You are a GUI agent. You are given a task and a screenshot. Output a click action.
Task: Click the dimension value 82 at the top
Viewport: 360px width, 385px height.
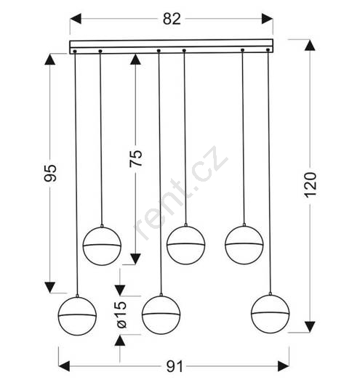[172, 19]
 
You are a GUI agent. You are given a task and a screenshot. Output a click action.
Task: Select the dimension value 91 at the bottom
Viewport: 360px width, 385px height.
[175, 367]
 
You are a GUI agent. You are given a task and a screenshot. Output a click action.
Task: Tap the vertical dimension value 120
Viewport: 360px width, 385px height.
[311, 185]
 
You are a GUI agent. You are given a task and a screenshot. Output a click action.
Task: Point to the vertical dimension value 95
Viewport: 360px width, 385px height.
[50, 173]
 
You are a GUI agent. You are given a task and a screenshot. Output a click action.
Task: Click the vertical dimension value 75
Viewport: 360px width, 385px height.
[136, 158]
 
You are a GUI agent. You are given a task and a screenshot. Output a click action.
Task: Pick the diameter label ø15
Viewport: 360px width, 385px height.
[121, 315]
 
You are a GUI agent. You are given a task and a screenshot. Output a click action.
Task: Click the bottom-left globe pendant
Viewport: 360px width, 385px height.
[77, 316]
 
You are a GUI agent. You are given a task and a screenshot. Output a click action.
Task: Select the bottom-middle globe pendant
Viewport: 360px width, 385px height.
[161, 315]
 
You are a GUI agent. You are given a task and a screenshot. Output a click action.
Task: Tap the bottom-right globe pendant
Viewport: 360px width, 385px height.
[271, 313]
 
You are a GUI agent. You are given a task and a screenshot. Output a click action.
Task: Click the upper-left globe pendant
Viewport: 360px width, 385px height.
[102, 246]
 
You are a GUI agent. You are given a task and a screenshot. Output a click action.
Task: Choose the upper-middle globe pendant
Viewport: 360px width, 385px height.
[186, 245]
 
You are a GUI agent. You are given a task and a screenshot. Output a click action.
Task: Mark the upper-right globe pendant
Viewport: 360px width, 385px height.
[244, 244]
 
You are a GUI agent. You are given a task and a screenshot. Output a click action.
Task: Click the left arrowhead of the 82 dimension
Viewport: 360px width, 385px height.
[76, 19]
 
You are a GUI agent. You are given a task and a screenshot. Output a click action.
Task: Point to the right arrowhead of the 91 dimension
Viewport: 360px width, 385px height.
[284, 366]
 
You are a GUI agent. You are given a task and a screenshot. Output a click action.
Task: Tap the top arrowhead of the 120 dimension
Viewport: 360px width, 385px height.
[310, 46]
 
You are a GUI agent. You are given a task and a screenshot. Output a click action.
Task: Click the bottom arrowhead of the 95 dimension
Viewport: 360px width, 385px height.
[50, 287]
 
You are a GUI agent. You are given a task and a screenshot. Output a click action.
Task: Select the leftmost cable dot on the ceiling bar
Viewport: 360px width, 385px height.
[75, 52]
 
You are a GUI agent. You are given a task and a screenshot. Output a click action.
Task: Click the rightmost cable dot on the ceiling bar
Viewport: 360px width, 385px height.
[268, 50]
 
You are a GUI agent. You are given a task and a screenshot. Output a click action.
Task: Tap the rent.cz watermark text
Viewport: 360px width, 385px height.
[181, 193]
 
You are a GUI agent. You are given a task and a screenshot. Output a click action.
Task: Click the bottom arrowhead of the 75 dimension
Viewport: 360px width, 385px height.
[135, 259]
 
